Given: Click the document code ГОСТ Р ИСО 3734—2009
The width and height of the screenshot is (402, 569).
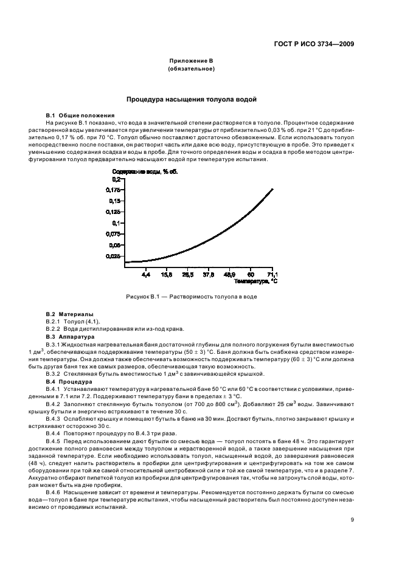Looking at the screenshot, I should click(x=315, y=44).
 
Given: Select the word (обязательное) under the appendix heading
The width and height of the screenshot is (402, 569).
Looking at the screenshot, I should click(x=191, y=69).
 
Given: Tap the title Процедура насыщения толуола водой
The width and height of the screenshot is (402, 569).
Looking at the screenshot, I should click(x=191, y=98).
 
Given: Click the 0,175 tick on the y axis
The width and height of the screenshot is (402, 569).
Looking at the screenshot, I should click(x=114, y=190).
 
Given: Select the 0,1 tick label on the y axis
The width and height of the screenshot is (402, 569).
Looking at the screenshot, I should click(x=116, y=223).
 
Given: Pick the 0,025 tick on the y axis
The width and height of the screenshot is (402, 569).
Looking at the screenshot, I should click(x=114, y=257).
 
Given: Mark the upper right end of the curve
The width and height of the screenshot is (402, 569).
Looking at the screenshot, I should click(x=272, y=189).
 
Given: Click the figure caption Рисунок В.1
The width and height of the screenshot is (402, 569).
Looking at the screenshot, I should click(x=191, y=297).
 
